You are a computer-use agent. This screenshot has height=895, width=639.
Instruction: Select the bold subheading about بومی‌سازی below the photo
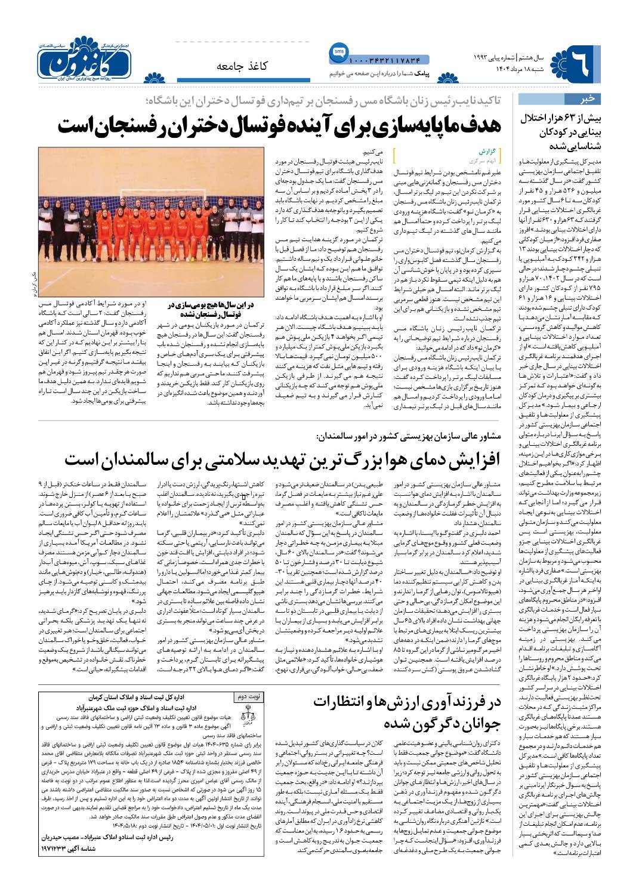pos(212,308)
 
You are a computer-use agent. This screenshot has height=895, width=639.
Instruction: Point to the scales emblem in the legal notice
pos(249,712)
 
